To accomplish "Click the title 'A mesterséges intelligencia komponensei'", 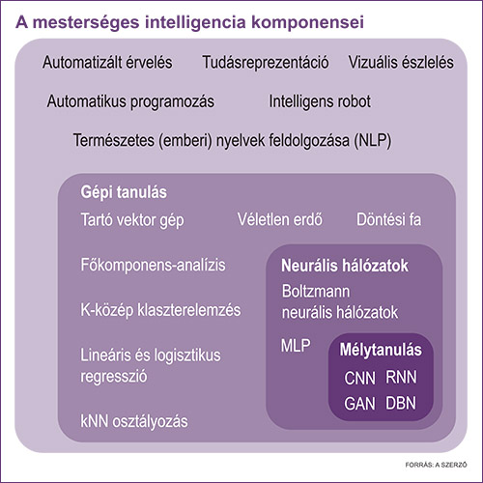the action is click(190, 23).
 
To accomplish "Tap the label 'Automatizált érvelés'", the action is click(107, 62).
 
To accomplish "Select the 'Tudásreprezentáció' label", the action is click(266, 62).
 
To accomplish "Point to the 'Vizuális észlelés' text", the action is click(401, 62).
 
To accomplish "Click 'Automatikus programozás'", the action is click(130, 101).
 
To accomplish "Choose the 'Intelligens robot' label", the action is click(320, 101).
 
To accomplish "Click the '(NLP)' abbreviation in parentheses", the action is click(373, 141).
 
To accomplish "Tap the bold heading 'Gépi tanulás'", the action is click(124, 192).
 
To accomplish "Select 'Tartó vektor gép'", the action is click(132, 221).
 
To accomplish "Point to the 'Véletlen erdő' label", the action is click(280, 219).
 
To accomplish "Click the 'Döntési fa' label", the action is click(389, 219).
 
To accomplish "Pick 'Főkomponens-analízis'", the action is click(153, 265).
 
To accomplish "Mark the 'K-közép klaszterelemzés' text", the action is click(160, 311).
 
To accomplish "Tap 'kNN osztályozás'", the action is click(134, 421).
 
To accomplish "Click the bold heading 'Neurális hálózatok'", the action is click(345, 266).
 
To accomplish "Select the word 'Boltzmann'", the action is click(316, 292).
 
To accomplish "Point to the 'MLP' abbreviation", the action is click(296, 346).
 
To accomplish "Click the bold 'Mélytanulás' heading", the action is click(381, 350).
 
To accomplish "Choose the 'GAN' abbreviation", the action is click(359, 404).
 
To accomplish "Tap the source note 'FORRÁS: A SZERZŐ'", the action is click(436, 465).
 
